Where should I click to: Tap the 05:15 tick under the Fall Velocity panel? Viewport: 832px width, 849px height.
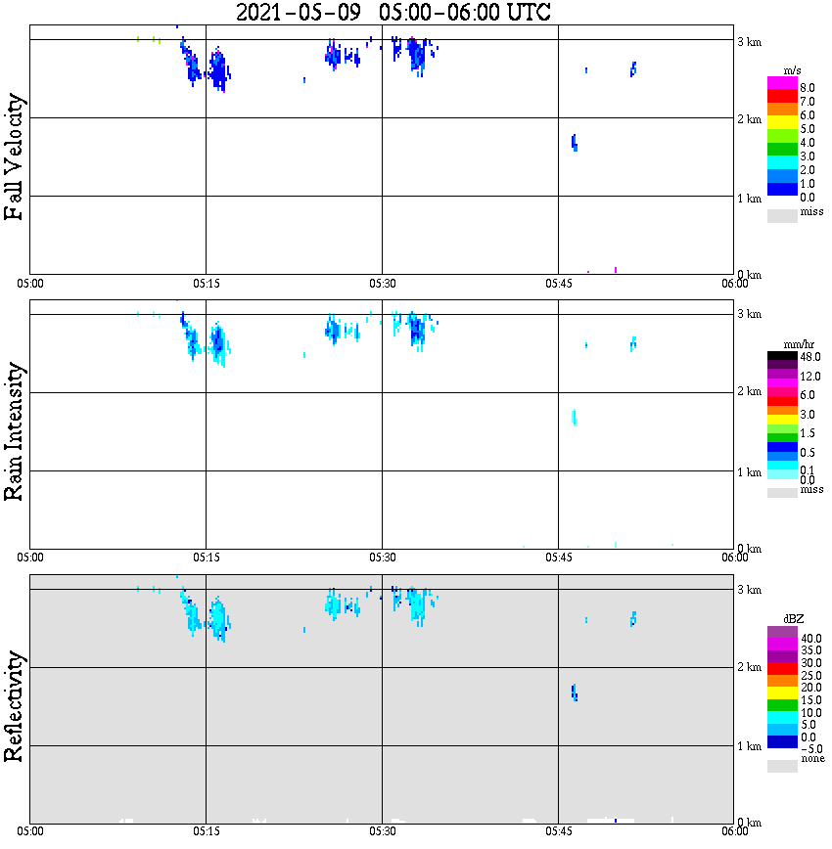tap(206, 284)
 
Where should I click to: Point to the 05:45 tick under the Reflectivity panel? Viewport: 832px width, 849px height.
tap(558, 831)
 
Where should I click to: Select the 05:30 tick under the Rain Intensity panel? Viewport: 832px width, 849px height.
tap(382, 558)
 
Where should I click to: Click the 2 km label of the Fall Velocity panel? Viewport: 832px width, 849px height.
tap(749, 119)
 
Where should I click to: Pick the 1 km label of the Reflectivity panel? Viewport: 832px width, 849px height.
tap(749, 746)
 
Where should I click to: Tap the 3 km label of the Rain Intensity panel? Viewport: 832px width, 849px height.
tap(749, 314)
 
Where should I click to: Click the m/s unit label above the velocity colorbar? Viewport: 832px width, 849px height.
tap(793, 70)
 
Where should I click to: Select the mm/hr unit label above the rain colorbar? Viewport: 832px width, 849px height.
tap(793, 345)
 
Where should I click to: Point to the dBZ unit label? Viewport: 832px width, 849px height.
tap(793, 619)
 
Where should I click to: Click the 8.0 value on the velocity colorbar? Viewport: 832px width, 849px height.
tap(808, 86)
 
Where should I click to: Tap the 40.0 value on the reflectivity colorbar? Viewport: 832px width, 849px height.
tap(809, 638)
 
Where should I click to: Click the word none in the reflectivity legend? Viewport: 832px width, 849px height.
tap(811, 759)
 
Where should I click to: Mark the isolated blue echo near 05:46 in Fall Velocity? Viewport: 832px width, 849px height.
tap(575, 143)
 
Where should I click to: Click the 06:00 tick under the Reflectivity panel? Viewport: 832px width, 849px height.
tap(734, 831)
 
